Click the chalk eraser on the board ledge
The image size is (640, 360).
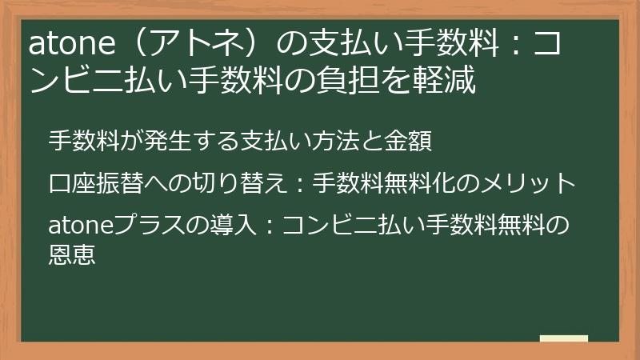tap(563, 339)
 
